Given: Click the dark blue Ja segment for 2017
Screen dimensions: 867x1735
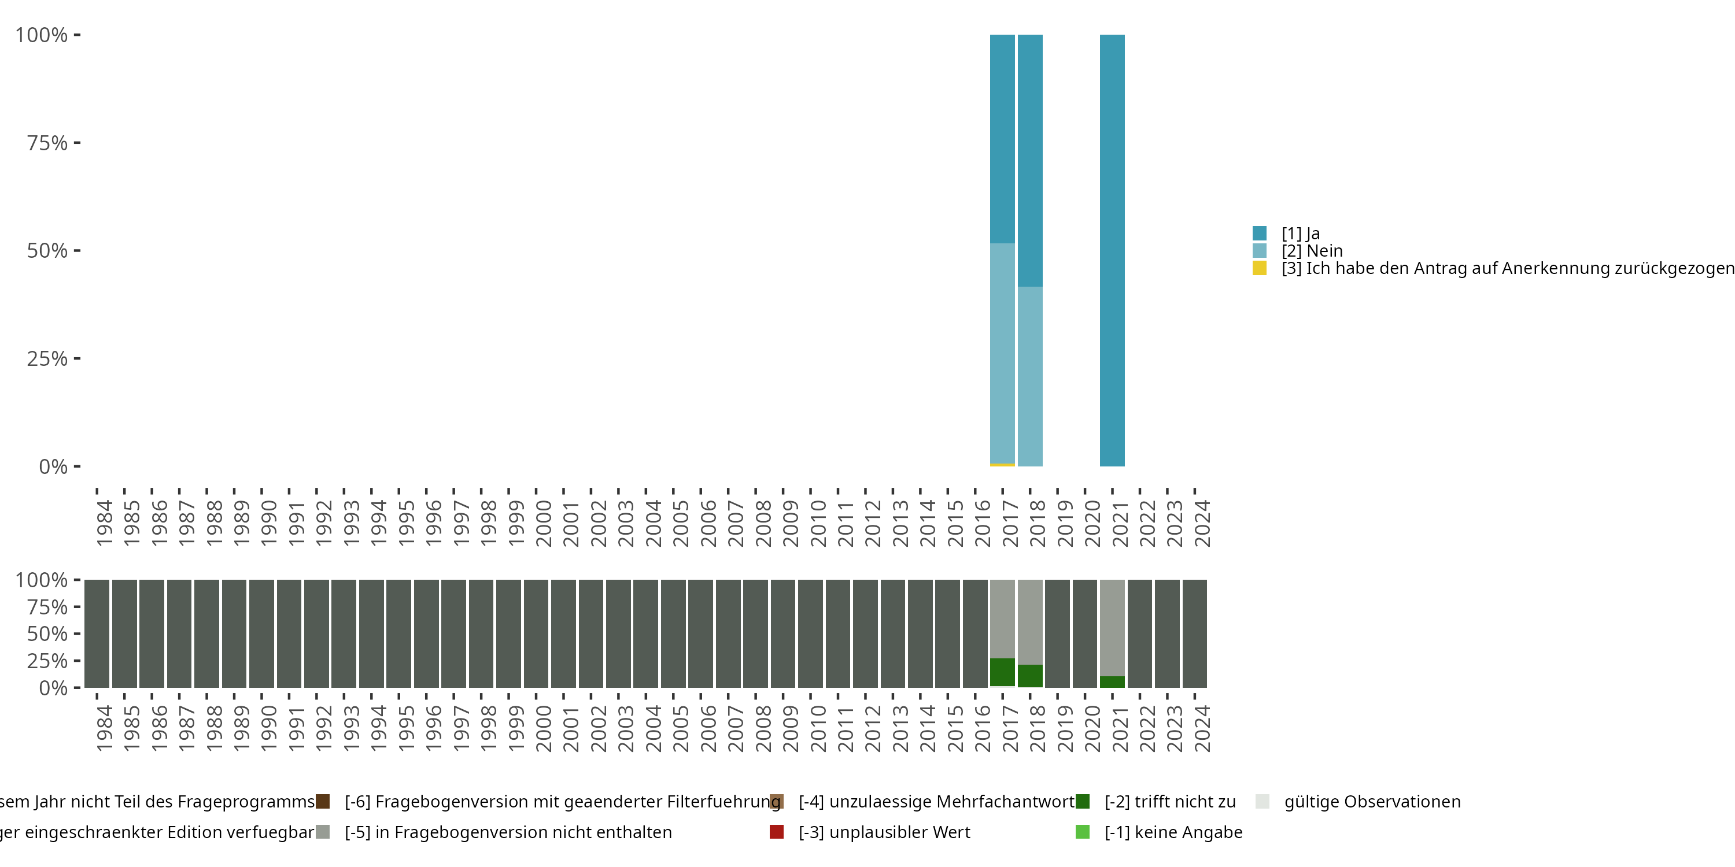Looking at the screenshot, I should (x=1002, y=139).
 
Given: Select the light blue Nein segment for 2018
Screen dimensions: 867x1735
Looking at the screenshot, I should (x=1030, y=376).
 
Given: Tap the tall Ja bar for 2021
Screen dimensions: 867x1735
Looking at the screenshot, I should (x=1112, y=250).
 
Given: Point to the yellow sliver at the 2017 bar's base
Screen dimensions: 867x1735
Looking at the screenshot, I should (x=1002, y=465).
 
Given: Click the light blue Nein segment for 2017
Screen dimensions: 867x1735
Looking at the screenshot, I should (x=1002, y=353).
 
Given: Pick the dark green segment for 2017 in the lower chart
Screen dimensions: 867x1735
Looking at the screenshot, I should (x=1002, y=672).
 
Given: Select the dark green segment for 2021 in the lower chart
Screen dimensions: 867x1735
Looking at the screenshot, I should (x=1112, y=681).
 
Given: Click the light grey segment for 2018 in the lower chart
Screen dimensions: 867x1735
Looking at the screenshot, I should (x=1030, y=621).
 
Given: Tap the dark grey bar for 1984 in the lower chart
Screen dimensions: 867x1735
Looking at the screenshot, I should (x=97, y=633).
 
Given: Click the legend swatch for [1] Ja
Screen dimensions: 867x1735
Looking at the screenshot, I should (x=1260, y=234).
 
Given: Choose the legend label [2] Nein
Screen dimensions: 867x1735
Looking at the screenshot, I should (x=1311, y=251).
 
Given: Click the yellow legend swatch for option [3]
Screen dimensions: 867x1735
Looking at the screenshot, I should (x=1260, y=268).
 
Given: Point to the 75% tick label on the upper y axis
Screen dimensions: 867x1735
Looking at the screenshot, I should (x=47, y=143).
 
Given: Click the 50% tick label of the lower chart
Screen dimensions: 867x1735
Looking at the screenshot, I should (x=47, y=633).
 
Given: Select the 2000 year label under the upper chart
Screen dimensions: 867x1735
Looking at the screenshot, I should (x=543, y=523).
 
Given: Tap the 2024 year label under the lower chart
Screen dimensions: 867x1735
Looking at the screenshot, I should (x=1202, y=728).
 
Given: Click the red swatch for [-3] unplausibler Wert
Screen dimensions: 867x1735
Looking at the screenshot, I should (x=777, y=832).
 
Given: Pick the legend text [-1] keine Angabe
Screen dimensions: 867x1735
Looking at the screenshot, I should (x=1173, y=832).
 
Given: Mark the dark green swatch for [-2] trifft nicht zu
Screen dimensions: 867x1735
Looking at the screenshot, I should (x=1083, y=802).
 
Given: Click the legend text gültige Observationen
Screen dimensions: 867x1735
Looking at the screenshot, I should (x=1372, y=802).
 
